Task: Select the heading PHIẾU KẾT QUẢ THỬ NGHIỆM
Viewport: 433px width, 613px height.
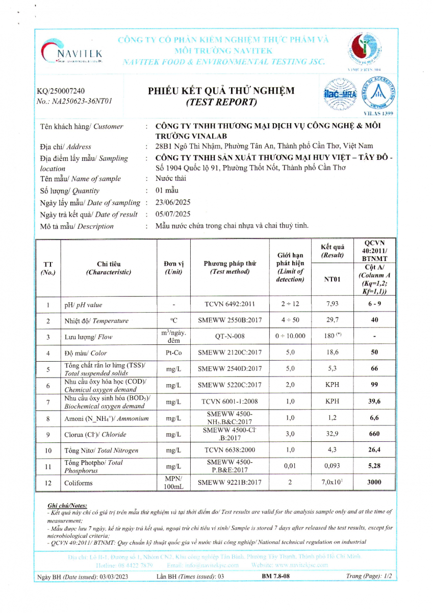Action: click(221, 91)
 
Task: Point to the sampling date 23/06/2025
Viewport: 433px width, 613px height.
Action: click(173, 202)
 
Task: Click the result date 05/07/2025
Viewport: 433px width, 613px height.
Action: click(173, 214)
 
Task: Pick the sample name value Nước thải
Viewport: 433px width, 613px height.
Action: click(171, 178)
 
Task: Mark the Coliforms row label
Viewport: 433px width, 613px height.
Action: click(79, 482)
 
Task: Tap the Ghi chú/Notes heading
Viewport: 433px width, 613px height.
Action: click(67, 505)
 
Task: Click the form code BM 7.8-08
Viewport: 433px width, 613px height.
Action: click(275, 576)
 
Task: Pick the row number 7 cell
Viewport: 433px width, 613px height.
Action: click(48, 402)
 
